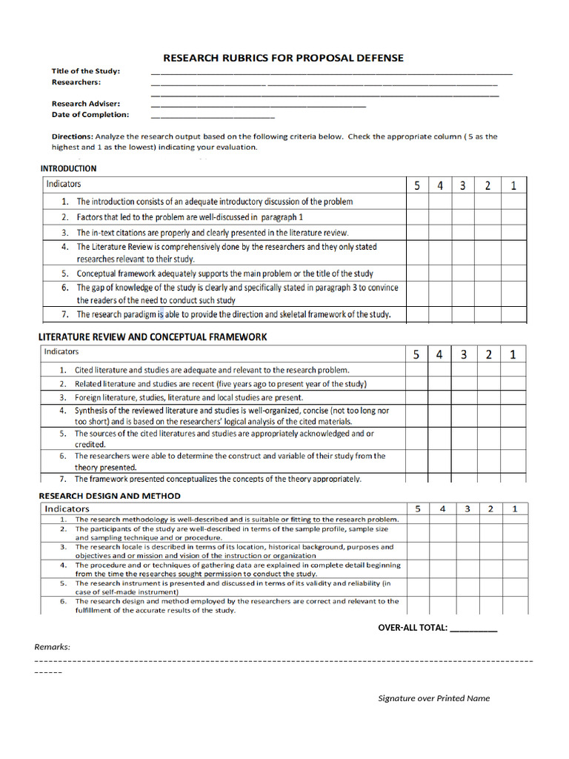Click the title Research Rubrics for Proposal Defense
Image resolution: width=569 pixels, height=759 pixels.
(284, 58)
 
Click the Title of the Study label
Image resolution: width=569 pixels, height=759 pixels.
(85, 71)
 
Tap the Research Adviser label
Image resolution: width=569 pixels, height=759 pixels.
(86, 104)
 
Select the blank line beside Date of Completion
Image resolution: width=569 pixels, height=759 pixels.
(212, 116)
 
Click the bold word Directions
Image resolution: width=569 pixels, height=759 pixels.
(72, 136)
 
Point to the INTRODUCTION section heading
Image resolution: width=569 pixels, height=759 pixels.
(68, 168)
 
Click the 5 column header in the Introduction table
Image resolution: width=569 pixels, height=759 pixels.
(417, 185)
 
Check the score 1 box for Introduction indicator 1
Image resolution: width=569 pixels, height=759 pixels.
(513, 202)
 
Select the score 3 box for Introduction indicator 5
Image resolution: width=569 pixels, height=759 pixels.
(462, 274)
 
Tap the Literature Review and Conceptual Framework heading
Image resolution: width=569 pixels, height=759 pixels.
(153, 337)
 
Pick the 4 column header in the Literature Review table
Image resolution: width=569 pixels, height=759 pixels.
(439, 354)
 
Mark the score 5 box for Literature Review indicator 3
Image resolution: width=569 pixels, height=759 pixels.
(417, 397)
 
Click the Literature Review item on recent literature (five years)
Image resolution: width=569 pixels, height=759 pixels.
(220, 384)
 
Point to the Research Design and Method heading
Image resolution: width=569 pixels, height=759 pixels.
(110, 496)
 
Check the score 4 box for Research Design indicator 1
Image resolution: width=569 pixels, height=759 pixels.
(442, 520)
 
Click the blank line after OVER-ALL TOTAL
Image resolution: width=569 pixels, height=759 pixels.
(473, 629)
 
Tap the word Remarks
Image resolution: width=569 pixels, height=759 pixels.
(53, 647)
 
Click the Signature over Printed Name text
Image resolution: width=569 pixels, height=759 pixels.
(433, 698)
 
